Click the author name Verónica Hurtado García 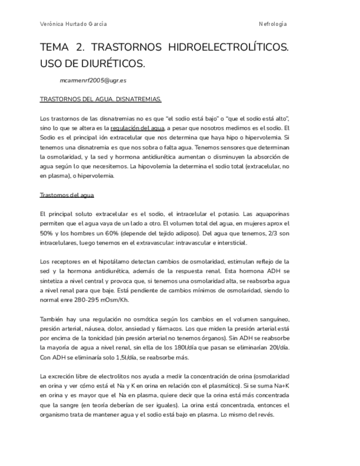click(x=74, y=24)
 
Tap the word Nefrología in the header click(x=273, y=24)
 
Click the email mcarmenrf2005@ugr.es click(x=93, y=80)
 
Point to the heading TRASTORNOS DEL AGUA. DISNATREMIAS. click(x=101, y=99)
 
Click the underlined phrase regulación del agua click(x=137, y=128)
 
